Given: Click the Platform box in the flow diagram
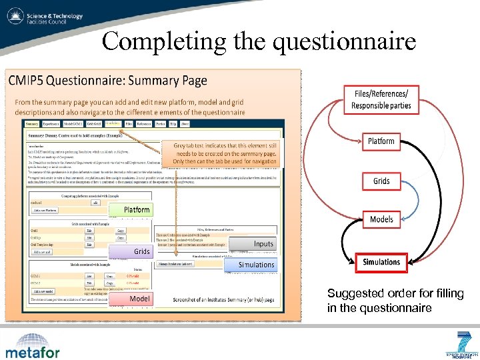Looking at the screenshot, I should click(x=381, y=141).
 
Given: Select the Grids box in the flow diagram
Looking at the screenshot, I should click(x=381, y=181).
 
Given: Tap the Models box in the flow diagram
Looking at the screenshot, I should click(x=381, y=219).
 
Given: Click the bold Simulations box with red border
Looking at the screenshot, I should click(x=381, y=262).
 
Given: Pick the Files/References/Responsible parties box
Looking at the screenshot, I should click(x=381, y=99).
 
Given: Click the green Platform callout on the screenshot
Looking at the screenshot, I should click(x=137, y=209).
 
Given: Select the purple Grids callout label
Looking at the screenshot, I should click(x=141, y=251).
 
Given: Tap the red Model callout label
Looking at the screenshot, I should click(x=139, y=299).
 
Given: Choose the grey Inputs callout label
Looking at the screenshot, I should click(x=263, y=244).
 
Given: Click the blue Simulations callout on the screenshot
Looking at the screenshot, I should click(x=256, y=265).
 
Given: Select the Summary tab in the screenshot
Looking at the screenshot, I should click(x=31, y=124).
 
